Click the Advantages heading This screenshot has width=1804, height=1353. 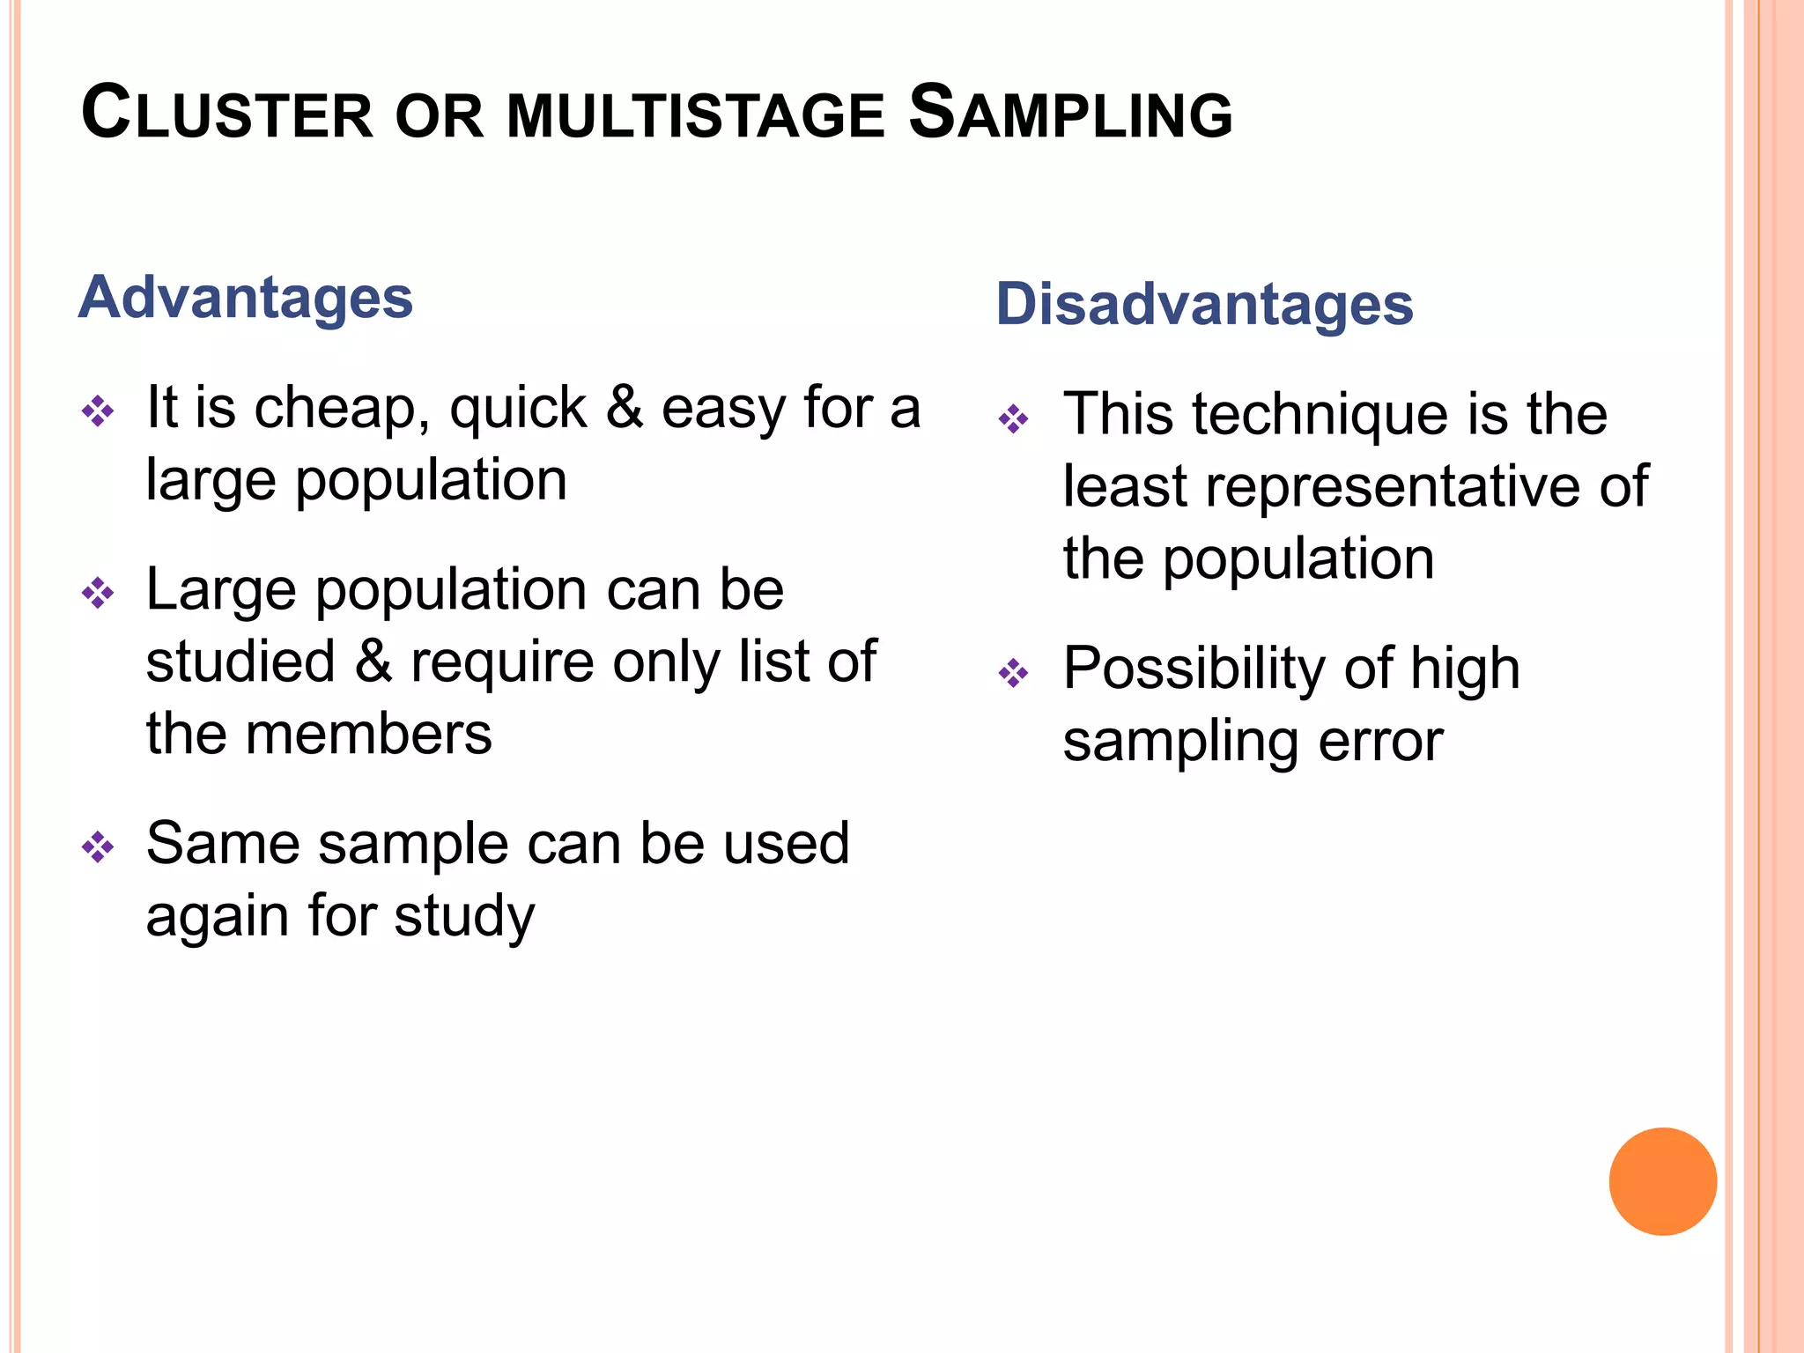246,298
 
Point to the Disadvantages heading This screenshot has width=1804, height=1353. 1204,304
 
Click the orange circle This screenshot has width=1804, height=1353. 1662,1181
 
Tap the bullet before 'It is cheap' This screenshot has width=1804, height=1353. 98,410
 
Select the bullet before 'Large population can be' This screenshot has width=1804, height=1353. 98,593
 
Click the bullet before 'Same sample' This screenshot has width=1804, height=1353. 98,847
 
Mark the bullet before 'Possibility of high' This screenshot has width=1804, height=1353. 1014,673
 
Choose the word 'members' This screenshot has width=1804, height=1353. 368,734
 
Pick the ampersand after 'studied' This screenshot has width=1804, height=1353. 373,662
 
